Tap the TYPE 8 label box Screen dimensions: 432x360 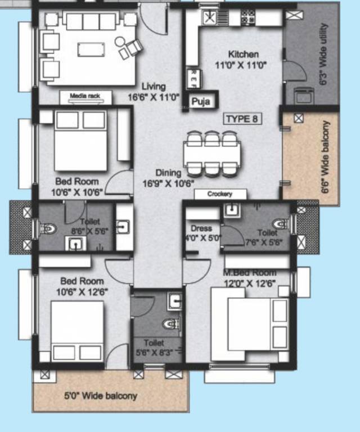pyautogui.click(x=243, y=119)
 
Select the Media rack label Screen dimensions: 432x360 pyautogui.click(x=85, y=96)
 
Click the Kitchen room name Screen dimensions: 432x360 pyautogui.click(x=243, y=55)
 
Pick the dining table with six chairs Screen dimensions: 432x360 pyautogui.click(x=211, y=152)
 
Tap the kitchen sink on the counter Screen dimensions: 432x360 pyautogui.click(x=210, y=17)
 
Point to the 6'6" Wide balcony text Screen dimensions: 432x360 pyautogui.click(x=326, y=157)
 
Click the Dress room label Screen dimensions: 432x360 pyautogui.click(x=201, y=228)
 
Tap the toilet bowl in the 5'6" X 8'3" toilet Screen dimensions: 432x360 pyautogui.click(x=170, y=324)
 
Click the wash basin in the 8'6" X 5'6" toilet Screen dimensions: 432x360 pyautogui.click(x=75, y=244)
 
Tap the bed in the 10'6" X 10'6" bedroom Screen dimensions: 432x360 pyautogui.click(x=80, y=141)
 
